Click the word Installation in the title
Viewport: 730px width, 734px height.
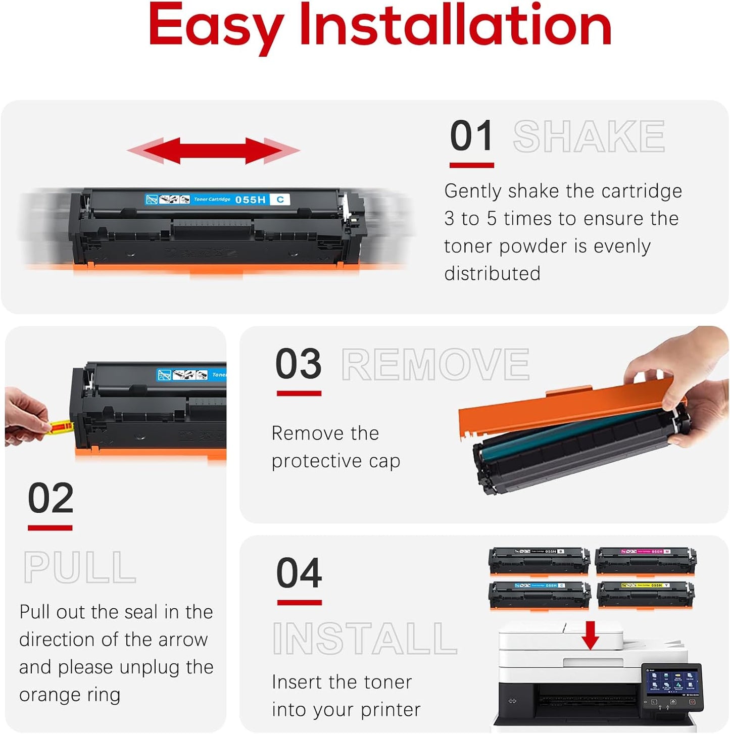[455, 25]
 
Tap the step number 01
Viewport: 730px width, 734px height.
[471, 136]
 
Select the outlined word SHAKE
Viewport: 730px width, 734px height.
[589, 136]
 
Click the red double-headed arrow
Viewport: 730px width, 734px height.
[213, 151]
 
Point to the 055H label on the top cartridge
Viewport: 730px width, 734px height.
[250, 200]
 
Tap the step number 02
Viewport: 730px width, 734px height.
[51, 498]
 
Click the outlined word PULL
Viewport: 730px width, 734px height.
[80, 568]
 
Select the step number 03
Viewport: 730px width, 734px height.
[298, 364]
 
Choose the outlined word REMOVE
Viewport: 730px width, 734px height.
[435, 364]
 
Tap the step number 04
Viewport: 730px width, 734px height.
[299, 573]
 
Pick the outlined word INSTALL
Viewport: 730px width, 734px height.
[365, 639]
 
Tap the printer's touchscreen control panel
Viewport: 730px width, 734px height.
[671, 682]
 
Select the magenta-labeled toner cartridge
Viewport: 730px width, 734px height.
[645, 560]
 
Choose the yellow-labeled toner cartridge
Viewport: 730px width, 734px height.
[645, 594]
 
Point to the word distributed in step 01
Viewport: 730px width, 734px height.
[492, 274]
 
